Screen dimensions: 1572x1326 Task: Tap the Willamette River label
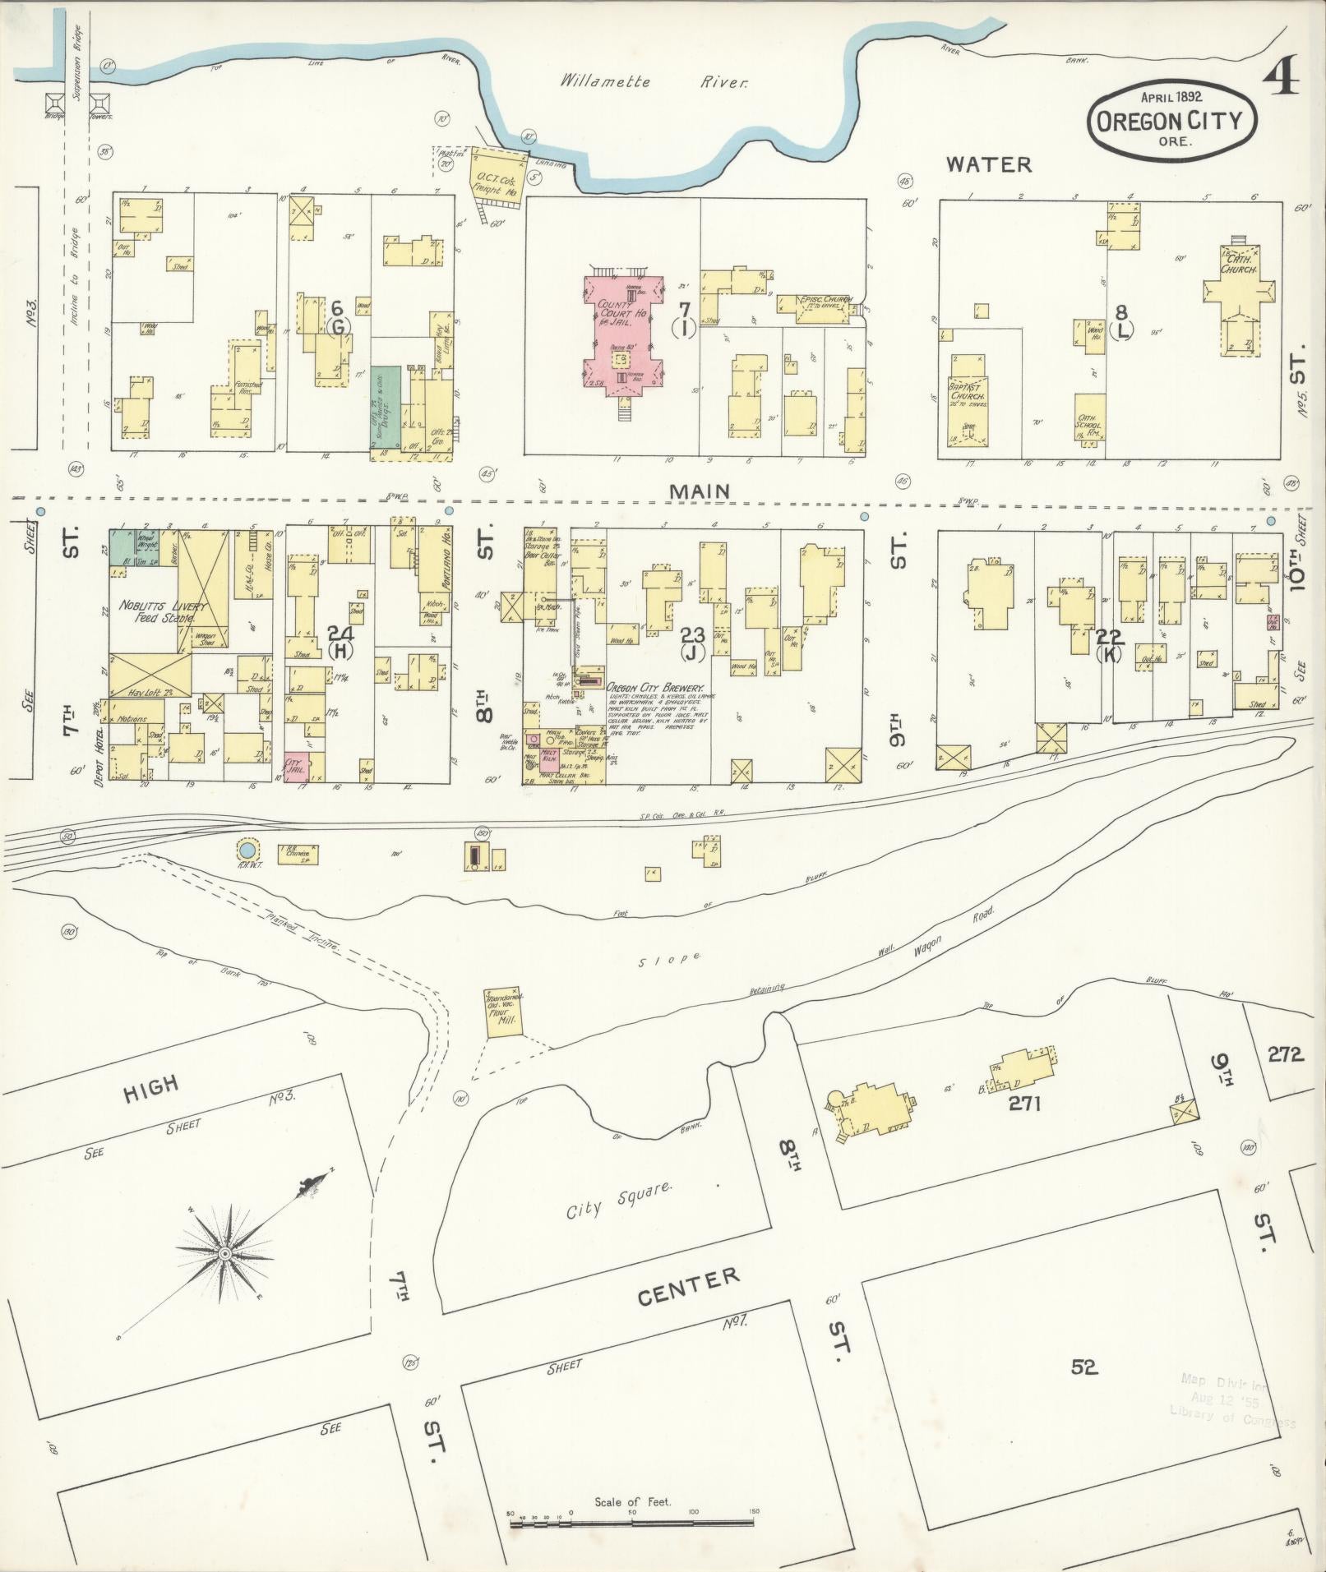pyautogui.click(x=654, y=82)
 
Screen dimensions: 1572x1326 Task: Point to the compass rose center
pyautogui.click(x=224, y=1253)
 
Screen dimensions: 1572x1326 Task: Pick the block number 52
pyautogui.click(x=1084, y=1366)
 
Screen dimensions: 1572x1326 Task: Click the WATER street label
pyautogui.click(x=987, y=164)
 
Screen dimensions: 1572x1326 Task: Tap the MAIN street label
pyautogui.click(x=698, y=491)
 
